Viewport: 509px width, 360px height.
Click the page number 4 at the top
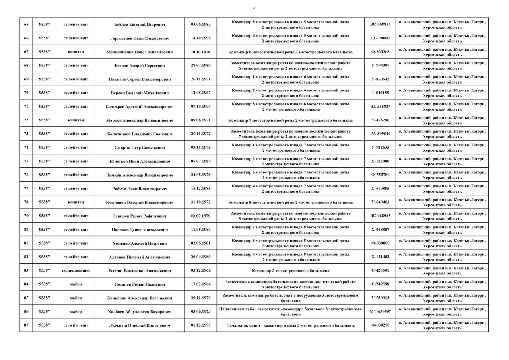[x=254, y=8]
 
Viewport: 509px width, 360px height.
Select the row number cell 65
[x=26, y=25]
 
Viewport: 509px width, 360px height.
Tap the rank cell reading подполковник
[x=76, y=270]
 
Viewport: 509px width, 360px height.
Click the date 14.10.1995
[x=200, y=38]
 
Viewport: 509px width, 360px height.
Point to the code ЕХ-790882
[x=380, y=38]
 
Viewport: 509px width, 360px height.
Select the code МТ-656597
[x=380, y=311]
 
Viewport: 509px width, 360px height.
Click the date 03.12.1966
[x=200, y=270]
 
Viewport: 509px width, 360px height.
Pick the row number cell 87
[x=26, y=325]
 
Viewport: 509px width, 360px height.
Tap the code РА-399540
[x=380, y=134]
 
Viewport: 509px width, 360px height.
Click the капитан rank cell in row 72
[x=76, y=120]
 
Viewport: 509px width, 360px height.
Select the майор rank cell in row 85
[x=76, y=298]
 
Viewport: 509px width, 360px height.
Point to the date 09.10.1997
[x=200, y=107]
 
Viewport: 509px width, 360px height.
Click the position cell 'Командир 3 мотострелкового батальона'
[x=290, y=270]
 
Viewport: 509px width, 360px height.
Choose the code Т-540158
[x=380, y=93]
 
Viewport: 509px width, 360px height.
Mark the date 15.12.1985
[x=200, y=189]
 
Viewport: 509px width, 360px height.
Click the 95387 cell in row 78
[x=44, y=202]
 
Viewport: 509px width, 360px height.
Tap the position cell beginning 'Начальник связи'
[x=290, y=325]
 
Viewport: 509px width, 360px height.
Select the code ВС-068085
[x=380, y=216]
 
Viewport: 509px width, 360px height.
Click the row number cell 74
[x=26, y=148]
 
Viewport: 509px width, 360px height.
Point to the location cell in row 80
[x=442, y=230]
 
